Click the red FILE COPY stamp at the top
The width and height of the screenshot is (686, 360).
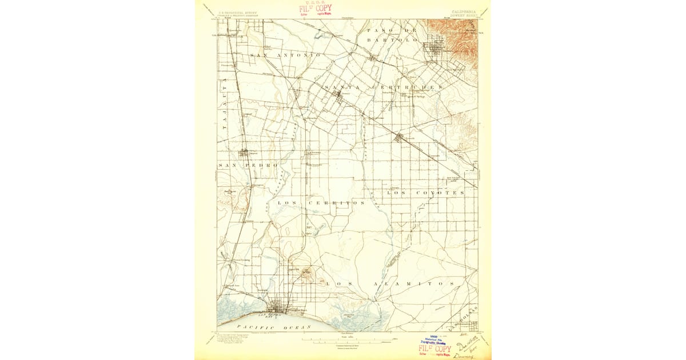pyautogui.click(x=316, y=9)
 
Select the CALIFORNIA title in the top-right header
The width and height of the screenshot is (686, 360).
pyautogui.click(x=462, y=11)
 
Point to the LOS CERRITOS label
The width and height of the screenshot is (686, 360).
pyautogui.click(x=321, y=203)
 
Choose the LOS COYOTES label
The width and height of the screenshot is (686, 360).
pyautogui.click(x=426, y=193)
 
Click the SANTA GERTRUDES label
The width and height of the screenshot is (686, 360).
pyautogui.click(x=383, y=87)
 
